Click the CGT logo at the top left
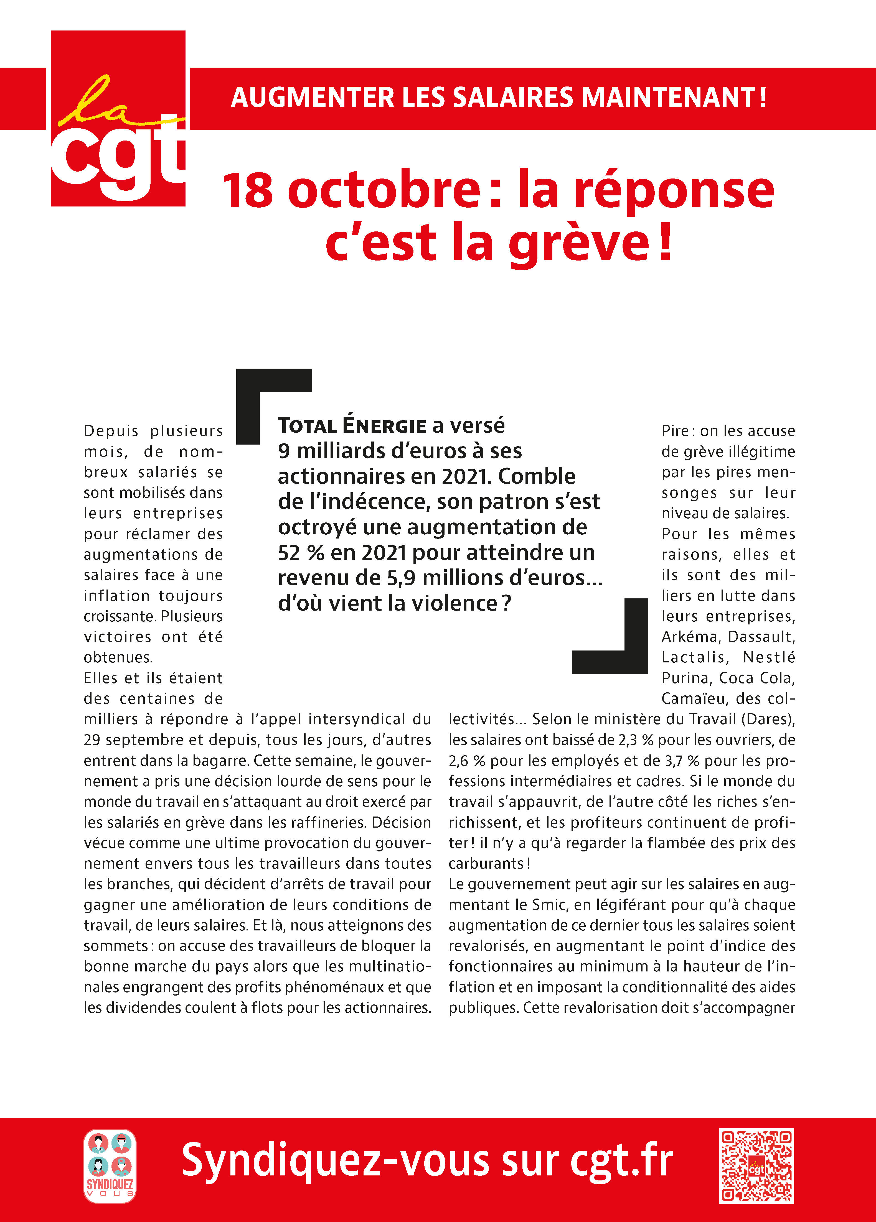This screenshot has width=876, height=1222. coord(118,119)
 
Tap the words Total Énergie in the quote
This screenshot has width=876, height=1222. coord(352,426)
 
